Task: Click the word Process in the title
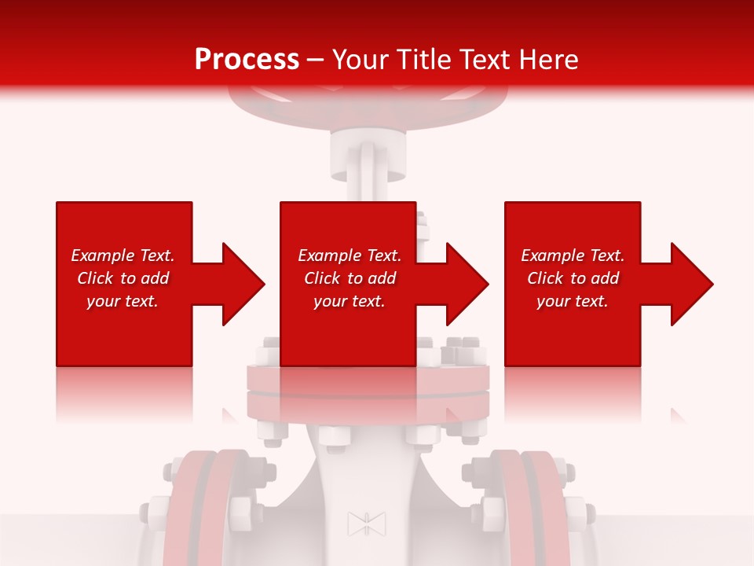tap(247, 60)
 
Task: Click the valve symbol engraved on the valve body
tap(367, 524)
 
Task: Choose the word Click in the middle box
tap(322, 278)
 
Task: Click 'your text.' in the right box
tap(573, 301)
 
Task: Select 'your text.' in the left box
tap(123, 301)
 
